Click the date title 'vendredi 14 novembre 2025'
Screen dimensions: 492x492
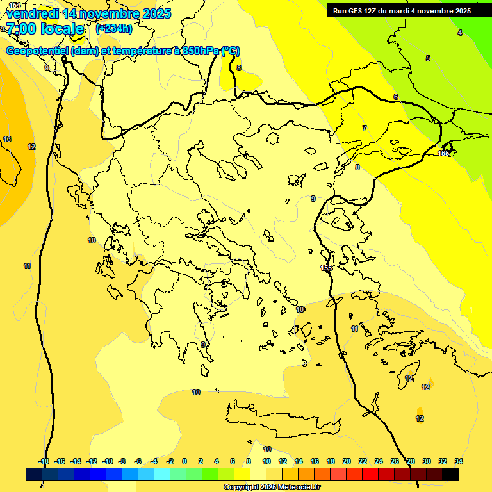coord(89,13)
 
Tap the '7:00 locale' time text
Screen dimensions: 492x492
coord(45,29)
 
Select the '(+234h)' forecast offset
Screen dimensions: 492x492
coord(114,28)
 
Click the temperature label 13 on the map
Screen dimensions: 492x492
coord(7,139)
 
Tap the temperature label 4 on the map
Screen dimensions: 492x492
coord(459,33)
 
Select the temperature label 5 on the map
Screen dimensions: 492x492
coord(428,59)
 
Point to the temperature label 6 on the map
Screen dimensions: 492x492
coord(396,97)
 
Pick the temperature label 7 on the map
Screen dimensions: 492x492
coord(365,129)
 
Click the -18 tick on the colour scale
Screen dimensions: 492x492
coord(44,461)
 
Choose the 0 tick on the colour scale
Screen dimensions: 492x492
coord(184,461)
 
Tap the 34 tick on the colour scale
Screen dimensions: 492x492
coord(459,461)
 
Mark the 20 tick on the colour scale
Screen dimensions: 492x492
coord(347,461)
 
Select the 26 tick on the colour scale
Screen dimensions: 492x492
coord(395,461)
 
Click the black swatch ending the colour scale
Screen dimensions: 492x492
coord(450,474)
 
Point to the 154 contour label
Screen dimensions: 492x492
coord(14,5)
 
